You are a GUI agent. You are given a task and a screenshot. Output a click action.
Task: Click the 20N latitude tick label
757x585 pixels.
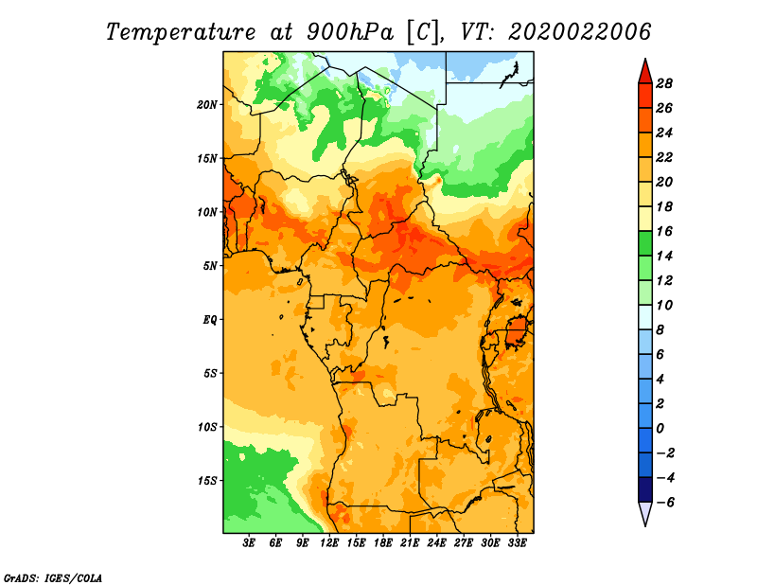click(x=206, y=105)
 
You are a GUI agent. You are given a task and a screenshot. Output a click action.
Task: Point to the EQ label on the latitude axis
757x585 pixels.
click(x=209, y=320)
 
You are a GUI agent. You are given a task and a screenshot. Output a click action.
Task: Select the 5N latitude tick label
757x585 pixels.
click(x=209, y=266)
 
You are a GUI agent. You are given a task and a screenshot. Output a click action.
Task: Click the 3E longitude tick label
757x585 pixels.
click(x=249, y=543)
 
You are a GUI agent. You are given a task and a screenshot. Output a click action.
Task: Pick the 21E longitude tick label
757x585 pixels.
click(x=410, y=543)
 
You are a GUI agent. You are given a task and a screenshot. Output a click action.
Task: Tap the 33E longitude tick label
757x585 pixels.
click(x=517, y=543)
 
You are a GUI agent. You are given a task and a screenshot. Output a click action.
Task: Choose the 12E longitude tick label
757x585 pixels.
click(x=329, y=543)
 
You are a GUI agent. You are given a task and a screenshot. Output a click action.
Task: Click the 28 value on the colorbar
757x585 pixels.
click(x=664, y=84)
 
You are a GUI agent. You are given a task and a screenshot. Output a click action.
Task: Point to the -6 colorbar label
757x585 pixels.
click(x=664, y=503)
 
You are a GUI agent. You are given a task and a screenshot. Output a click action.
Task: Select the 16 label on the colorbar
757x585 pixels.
click(x=664, y=231)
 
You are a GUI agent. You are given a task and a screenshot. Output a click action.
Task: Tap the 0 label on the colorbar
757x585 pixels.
click(x=660, y=429)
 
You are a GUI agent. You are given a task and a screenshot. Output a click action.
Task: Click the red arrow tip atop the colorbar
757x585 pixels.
click(x=645, y=60)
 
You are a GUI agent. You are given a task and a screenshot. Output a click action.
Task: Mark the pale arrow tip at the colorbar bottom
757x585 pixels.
click(x=645, y=524)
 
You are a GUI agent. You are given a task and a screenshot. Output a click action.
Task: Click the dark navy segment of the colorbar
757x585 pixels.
click(x=645, y=489)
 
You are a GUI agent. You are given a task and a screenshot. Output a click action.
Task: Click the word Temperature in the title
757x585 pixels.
click(x=181, y=32)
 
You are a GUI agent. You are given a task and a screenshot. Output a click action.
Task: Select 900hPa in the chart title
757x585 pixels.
click(x=350, y=32)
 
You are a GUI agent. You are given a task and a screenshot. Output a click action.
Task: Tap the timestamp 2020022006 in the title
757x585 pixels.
click(x=580, y=32)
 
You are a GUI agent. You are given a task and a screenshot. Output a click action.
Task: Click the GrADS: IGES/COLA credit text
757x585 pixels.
click(x=53, y=578)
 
